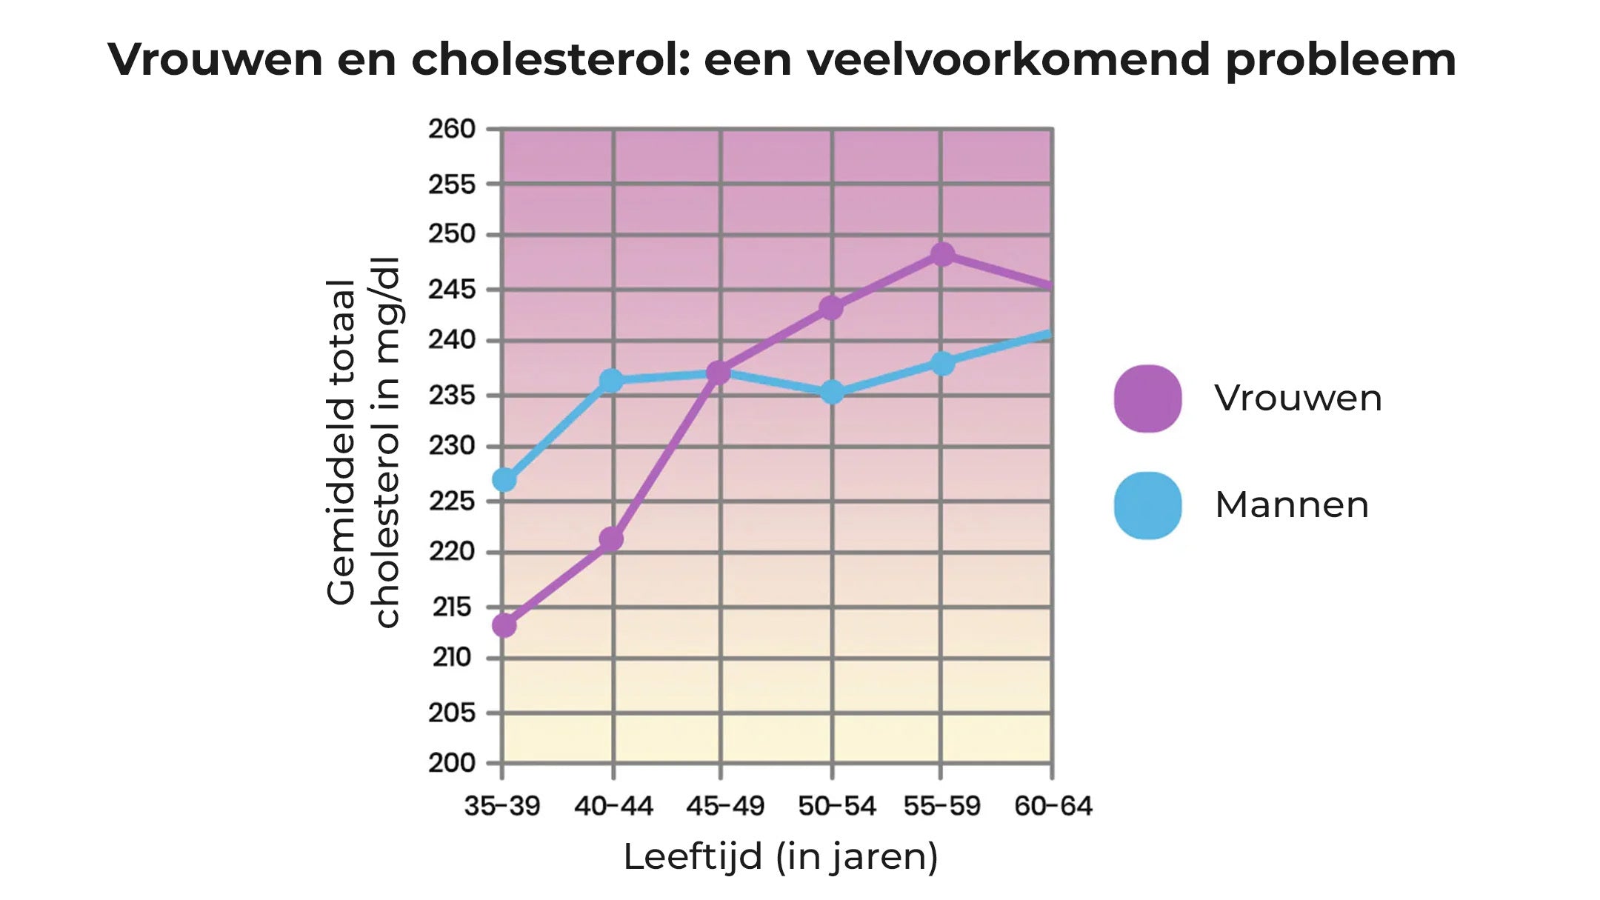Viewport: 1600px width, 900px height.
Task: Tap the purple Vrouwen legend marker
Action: coord(1147,399)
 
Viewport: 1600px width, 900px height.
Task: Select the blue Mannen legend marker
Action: coord(1147,506)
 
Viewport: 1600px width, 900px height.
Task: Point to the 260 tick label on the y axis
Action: coord(452,129)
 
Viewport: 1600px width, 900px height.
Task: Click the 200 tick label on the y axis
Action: coord(452,762)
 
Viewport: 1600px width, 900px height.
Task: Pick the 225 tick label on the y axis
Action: coord(452,501)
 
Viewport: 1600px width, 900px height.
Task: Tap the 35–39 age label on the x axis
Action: coord(502,805)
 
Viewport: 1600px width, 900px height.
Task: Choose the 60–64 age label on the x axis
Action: coord(1053,805)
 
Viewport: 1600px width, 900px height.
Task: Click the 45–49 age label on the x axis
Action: coord(724,805)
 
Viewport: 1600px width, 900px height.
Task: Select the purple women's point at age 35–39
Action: coord(504,626)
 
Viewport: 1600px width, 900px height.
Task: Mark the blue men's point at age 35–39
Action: coord(504,480)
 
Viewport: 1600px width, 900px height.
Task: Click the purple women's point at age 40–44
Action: coord(611,539)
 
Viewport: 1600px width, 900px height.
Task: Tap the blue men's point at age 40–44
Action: coord(611,381)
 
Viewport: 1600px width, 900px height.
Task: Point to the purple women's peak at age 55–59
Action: coord(942,255)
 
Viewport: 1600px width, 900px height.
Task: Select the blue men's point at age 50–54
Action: coord(832,392)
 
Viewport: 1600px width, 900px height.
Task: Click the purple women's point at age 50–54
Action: coord(832,307)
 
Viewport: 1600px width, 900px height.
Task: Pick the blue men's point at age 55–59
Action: coord(942,364)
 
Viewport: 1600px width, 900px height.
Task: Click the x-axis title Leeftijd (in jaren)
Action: coord(781,857)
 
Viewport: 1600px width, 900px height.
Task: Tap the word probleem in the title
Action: coord(1340,59)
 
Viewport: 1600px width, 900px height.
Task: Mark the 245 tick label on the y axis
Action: coord(452,290)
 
